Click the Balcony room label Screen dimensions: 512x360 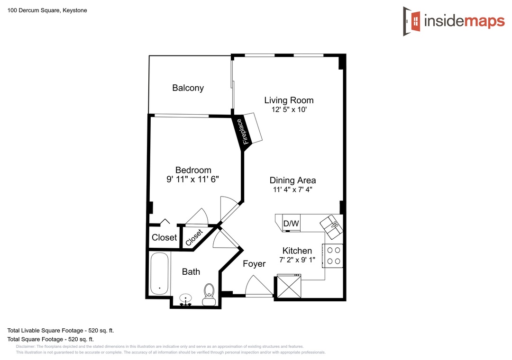click(x=188, y=88)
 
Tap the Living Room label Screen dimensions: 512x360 click(x=289, y=100)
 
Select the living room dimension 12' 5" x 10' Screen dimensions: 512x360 click(x=289, y=110)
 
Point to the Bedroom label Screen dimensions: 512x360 click(x=193, y=170)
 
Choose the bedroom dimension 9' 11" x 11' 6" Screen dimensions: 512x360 click(x=192, y=179)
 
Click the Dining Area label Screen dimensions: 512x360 click(x=293, y=180)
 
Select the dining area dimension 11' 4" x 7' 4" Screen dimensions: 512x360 click(x=293, y=189)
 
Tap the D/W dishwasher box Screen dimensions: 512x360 click(x=291, y=223)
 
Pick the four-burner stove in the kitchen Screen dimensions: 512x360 click(x=333, y=256)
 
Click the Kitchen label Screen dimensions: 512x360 click(x=297, y=251)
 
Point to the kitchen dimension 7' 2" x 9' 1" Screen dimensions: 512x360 click(x=297, y=260)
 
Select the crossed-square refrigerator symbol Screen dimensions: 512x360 click(x=289, y=286)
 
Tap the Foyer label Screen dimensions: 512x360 click(x=254, y=264)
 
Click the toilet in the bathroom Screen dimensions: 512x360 click(x=209, y=295)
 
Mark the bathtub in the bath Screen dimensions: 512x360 click(x=159, y=273)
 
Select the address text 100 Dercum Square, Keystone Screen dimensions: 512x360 click(x=47, y=10)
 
